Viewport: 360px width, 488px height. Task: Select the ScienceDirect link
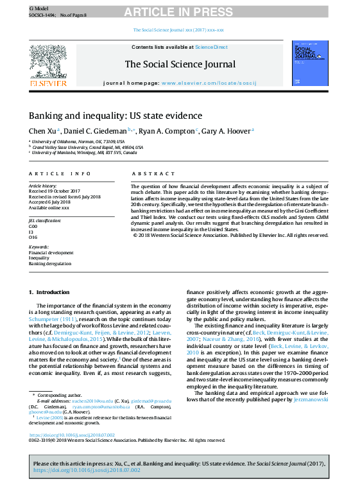tap(211, 47)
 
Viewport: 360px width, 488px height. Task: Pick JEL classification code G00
tap(33, 227)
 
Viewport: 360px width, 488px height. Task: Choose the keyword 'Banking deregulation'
tap(50, 263)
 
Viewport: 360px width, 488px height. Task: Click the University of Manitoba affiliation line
tap(84, 153)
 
